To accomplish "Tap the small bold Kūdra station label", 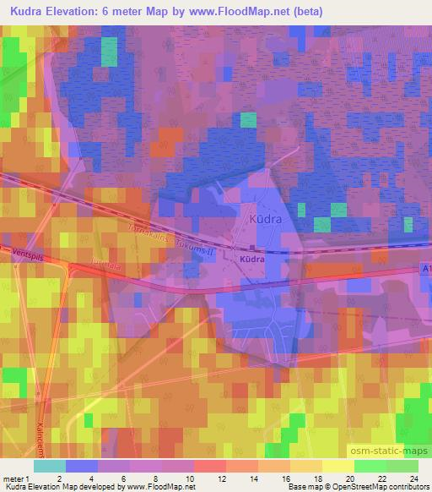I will click(252, 260).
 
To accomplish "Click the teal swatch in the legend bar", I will click(50, 466).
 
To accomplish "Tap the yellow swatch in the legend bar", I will click(337, 466).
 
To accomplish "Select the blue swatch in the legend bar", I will click(83, 466).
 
